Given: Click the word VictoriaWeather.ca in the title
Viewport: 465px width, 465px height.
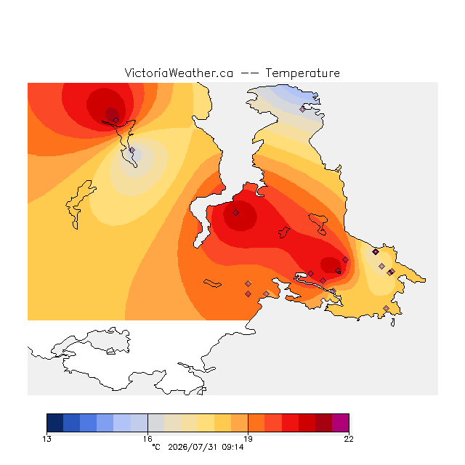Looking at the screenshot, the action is [179, 73].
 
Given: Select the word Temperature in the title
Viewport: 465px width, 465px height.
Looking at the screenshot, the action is [302, 73].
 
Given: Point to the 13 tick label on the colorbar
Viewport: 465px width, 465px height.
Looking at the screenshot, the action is [46, 439].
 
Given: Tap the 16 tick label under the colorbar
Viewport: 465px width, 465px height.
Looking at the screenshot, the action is [147, 439].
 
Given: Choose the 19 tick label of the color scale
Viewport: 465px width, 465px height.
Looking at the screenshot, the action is [248, 439].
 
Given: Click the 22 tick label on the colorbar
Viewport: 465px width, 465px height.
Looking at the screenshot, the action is [349, 439].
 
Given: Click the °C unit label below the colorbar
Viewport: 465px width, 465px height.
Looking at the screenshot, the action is [156, 447].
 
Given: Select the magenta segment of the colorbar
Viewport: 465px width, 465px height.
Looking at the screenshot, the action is [341, 423].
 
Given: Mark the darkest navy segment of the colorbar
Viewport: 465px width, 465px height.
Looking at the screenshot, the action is [55, 423].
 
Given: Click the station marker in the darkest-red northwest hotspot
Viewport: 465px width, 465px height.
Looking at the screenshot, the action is [116, 120].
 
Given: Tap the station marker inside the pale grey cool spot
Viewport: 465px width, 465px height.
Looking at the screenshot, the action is [132, 150].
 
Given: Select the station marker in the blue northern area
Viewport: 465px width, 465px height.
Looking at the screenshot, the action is [302, 109].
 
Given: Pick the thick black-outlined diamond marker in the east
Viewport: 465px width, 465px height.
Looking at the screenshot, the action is [376, 252].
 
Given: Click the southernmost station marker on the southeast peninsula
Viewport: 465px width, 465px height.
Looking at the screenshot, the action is [386, 308].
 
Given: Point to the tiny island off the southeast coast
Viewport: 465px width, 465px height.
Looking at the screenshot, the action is [393, 323].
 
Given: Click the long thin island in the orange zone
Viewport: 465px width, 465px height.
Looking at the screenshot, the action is [212, 283].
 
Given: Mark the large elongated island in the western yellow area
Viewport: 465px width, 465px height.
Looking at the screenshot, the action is [79, 204].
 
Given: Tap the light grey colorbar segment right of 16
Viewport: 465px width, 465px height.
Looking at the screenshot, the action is [156, 423].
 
